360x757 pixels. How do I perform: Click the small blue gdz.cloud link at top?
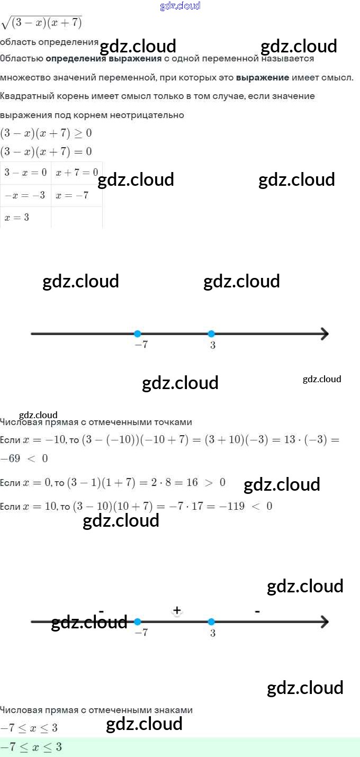[x=180, y=6]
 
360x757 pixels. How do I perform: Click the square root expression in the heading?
[x=42, y=23]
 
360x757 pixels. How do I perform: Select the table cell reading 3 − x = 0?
[x=25, y=173]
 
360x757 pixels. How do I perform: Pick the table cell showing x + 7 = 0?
[x=77, y=173]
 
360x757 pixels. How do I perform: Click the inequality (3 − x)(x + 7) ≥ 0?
[x=46, y=133]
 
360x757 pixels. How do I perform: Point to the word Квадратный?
[x=24, y=96]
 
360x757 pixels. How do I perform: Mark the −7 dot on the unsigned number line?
[x=138, y=334]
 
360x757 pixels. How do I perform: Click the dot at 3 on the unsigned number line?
[x=211, y=334]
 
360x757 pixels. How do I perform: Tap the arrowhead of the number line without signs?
[x=324, y=334]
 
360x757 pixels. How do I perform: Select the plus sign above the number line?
[x=177, y=610]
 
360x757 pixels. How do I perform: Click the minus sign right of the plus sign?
[x=257, y=611]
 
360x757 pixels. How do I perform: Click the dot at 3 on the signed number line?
[x=211, y=621]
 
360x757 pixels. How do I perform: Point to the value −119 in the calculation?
[x=232, y=506]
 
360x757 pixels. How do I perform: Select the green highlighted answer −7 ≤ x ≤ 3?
[x=32, y=747]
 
